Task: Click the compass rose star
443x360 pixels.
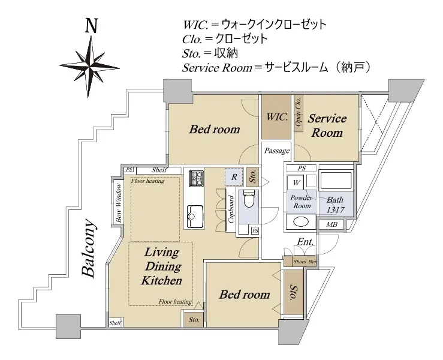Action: click(x=91, y=62)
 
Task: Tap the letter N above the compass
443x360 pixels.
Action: click(x=91, y=26)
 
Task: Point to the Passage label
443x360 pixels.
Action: click(x=277, y=151)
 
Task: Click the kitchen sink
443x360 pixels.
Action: click(x=195, y=212)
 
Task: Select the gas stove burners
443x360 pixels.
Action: click(x=197, y=178)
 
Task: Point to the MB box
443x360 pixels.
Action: click(x=332, y=226)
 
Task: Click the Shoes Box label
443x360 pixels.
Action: click(x=305, y=262)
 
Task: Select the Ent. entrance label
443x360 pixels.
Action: click(x=305, y=242)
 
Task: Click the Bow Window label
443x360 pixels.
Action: click(x=119, y=203)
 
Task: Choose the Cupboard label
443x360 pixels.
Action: click(x=231, y=208)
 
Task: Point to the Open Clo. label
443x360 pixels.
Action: click(x=298, y=112)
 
